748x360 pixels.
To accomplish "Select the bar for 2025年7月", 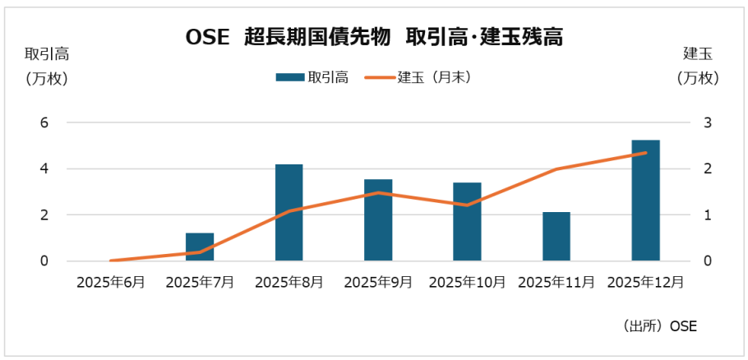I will point(200,247).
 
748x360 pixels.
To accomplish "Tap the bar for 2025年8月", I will point(289,213).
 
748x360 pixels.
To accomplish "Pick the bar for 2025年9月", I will point(378,220).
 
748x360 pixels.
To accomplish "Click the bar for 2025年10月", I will point(467,222).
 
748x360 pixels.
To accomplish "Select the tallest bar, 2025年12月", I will point(645,201).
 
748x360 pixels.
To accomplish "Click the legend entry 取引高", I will point(312,77).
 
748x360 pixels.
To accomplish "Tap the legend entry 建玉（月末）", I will point(419,77).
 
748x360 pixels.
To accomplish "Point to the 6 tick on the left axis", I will point(46,122).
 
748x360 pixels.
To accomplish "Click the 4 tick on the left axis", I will point(46,168).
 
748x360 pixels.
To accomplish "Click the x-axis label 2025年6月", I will point(111,282).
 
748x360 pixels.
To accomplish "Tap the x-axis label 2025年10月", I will point(467,282).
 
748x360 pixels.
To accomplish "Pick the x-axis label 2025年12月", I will point(645,282).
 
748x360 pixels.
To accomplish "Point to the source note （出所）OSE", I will point(659,325).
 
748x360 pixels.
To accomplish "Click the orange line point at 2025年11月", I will point(556,169).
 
